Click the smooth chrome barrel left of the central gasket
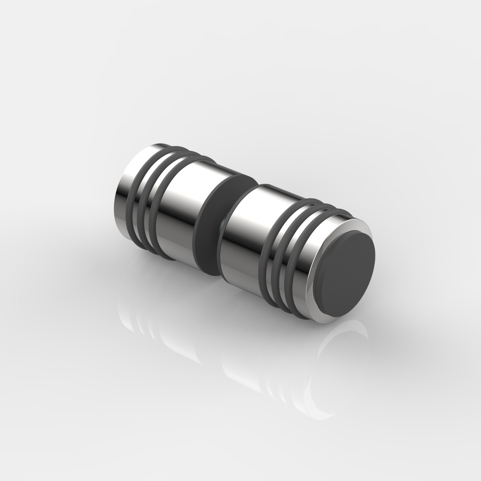178,211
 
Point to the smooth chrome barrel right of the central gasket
244,235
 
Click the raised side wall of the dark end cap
322,277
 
